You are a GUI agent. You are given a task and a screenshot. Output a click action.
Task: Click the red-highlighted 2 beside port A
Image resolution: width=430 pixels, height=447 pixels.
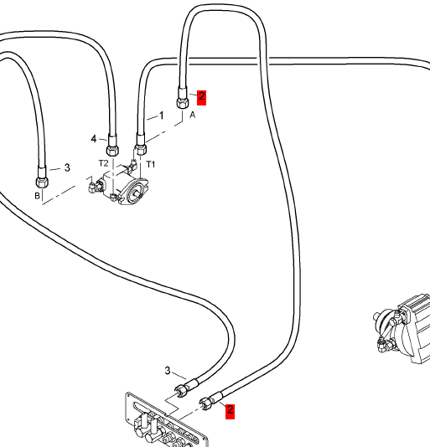[201, 97]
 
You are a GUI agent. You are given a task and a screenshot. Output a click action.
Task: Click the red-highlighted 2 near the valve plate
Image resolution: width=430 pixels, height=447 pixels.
[230, 411]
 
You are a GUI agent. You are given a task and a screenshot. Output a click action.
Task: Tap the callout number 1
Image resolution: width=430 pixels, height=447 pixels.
[162, 116]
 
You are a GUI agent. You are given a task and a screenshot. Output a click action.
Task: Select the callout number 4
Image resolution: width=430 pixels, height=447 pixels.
[94, 139]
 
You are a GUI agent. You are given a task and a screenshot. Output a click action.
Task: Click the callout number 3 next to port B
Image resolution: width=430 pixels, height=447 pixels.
[67, 167]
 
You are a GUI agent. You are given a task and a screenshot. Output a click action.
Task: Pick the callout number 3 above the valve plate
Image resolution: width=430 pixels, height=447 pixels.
[168, 370]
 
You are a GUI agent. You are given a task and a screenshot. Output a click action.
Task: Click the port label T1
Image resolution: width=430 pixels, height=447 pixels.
[151, 164]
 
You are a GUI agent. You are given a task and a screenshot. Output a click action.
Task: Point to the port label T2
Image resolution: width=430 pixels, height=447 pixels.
[103, 163]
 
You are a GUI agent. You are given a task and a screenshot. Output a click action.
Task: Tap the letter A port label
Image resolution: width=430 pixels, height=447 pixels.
[193, 115]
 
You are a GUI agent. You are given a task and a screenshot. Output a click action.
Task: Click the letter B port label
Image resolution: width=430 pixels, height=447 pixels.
[37, 196]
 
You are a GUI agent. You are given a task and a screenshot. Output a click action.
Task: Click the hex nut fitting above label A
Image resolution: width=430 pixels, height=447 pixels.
[183, 103]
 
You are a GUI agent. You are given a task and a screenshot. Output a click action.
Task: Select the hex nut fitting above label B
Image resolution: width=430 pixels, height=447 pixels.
[42, 182]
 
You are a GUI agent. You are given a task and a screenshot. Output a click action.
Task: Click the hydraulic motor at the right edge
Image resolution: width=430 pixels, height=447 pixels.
[403, 329]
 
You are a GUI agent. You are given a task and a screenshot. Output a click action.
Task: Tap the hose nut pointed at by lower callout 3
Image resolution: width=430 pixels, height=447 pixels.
[180, 390]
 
